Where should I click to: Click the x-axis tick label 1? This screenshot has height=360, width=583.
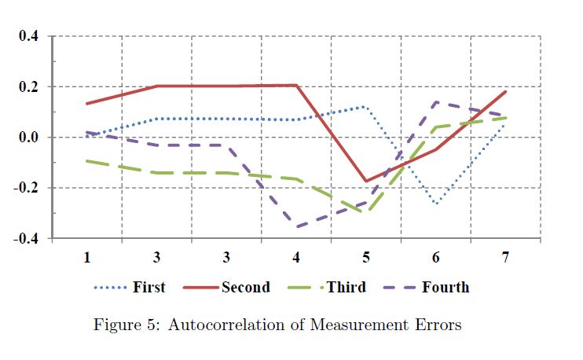pos(87,257)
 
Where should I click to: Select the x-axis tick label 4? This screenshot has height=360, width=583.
pos(296,257)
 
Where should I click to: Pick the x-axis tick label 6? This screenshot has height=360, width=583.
pos(435,257)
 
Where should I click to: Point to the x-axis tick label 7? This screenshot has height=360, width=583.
pos(505,257)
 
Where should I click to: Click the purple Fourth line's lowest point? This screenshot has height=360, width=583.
pos(297,226)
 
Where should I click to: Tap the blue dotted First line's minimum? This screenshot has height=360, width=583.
pos(436,204)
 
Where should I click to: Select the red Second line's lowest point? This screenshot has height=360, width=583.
pos(366,181)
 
